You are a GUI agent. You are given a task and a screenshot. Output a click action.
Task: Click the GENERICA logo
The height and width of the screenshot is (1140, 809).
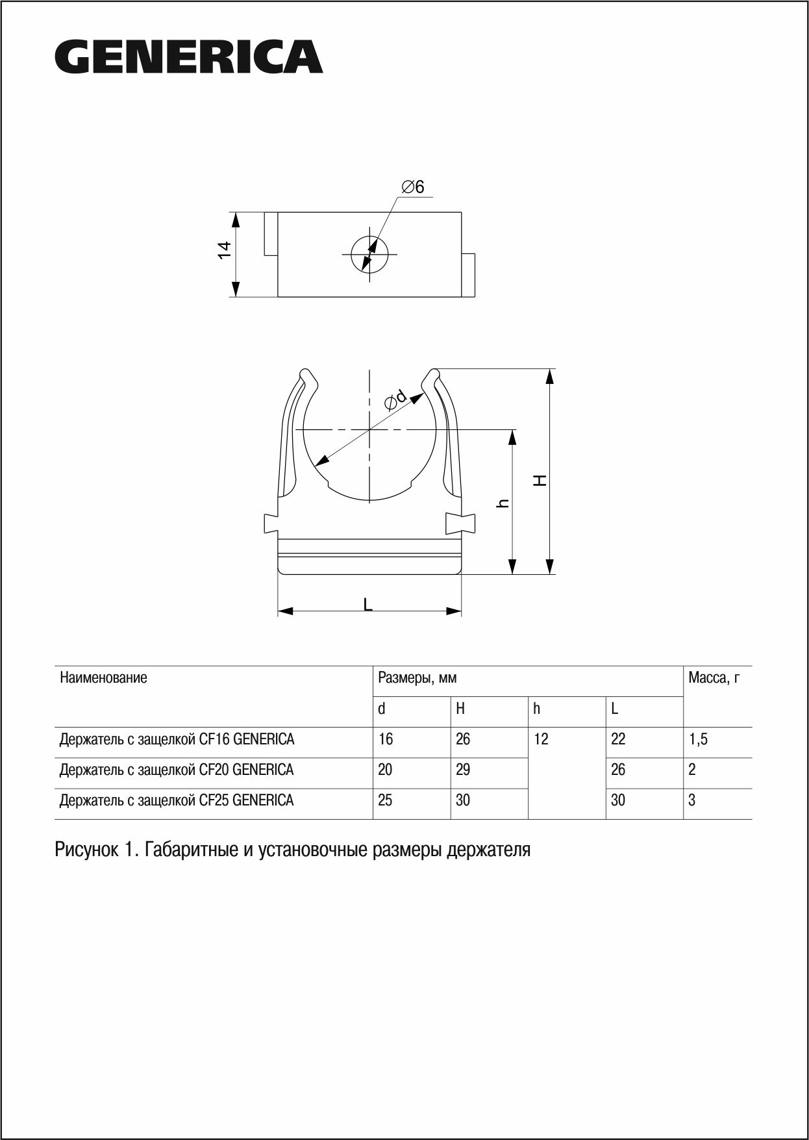click(189, 57)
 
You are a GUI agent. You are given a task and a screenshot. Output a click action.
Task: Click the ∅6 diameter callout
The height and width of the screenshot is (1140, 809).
click(413, 187)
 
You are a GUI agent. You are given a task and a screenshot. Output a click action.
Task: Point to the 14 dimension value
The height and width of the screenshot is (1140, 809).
click(224, 250)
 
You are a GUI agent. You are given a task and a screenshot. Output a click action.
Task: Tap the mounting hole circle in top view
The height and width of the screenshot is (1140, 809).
click(369, 254)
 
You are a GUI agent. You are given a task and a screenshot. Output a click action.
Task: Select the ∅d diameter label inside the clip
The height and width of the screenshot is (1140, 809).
click(395, 400)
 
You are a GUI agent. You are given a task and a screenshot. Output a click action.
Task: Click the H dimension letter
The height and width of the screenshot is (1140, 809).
click(540, 480)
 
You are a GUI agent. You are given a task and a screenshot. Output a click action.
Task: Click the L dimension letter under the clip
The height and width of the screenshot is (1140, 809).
click(368, 605)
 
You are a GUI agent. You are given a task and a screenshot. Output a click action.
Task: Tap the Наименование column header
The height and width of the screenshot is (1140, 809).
click(104, 678)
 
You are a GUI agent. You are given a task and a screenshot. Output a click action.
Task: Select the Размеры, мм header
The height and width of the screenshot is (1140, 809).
click(417, 678)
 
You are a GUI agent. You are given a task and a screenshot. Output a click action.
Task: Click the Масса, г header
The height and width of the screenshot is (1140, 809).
click(714, 678)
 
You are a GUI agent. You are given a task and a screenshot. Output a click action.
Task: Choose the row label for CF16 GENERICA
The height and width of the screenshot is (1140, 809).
click(177, 739)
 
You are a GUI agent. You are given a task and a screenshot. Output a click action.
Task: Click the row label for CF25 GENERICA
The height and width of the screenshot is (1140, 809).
click(177, 800)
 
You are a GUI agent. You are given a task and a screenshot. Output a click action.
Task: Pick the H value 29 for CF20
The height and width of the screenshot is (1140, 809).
click(463, 770)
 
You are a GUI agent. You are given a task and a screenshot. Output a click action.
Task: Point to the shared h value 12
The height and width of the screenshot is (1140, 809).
click(541, 739)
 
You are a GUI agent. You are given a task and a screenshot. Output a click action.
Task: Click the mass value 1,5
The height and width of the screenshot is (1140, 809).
click(698, 739)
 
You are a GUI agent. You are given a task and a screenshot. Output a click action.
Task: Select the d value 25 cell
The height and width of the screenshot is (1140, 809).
click(385, 800)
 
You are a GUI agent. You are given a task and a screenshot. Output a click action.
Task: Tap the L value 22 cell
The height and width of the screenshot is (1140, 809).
click(618, 739)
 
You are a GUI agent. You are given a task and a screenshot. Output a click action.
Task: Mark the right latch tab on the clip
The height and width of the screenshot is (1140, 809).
click(460, 522)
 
